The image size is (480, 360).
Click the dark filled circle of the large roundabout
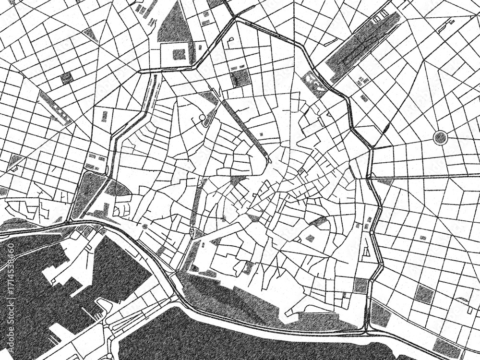[440, 138]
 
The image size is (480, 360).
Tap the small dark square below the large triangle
[179, 54]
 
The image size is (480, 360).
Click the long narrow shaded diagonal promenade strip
[245, 127]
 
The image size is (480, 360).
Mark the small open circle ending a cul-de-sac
[202, 117]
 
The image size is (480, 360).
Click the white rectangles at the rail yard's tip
[379, 18]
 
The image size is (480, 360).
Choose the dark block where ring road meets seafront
[361, 286]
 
